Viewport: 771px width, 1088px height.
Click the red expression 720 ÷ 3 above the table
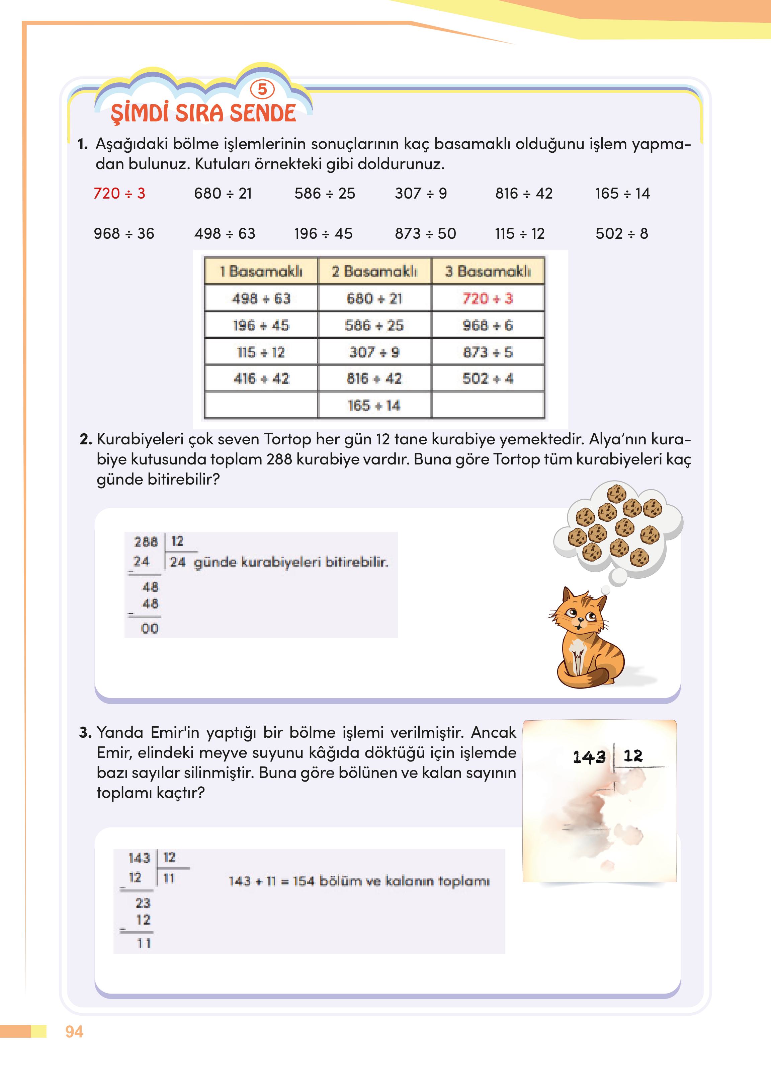click(x=119, y=193)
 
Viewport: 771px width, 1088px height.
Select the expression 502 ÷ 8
click(x=621, y=233)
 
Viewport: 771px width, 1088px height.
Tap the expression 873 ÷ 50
click(x=425, y=233)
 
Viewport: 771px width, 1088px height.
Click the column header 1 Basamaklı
click(x=261, y=271)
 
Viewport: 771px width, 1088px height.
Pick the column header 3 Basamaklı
click(x=488, y=271)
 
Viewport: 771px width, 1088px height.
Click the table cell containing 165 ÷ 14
click(x=374, y=406)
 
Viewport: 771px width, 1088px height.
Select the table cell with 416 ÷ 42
click(x=261, y=379)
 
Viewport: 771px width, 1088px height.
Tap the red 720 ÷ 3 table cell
click(x=488, y=298)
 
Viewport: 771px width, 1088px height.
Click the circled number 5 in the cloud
click(x=262, y=89)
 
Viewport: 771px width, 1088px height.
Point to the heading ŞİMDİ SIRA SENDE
click(x=203, y=113)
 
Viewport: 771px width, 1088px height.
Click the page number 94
click(x=74, y=1031)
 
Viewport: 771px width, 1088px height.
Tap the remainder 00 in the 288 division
click(x=150, y=629)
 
